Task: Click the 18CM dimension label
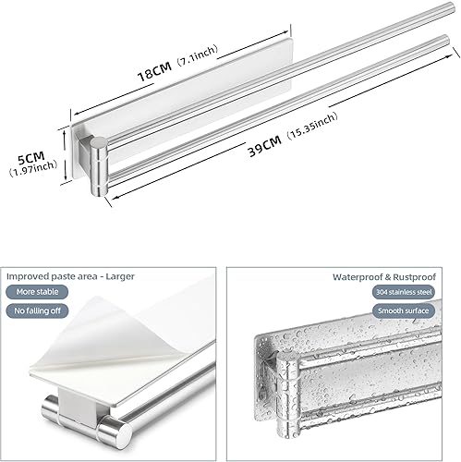pos(154,71)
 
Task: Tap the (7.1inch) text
pos(198,55)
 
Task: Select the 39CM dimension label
pos(265,146)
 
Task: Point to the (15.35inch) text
pos(312,126)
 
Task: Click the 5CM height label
pos(31,158)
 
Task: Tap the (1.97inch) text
pos(33,168)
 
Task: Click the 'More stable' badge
pos(37,292)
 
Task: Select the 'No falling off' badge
pos(37,310)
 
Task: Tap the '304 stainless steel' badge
pos(404,292)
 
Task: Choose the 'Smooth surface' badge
pos(404,310)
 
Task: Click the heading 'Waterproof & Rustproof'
pos(384,277)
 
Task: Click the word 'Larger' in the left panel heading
pos(120,276)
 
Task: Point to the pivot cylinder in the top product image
pos(99,166)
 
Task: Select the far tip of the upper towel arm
pos(451,7)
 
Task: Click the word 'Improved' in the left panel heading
pos(27,276)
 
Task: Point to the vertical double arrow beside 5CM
pos(65,155)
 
